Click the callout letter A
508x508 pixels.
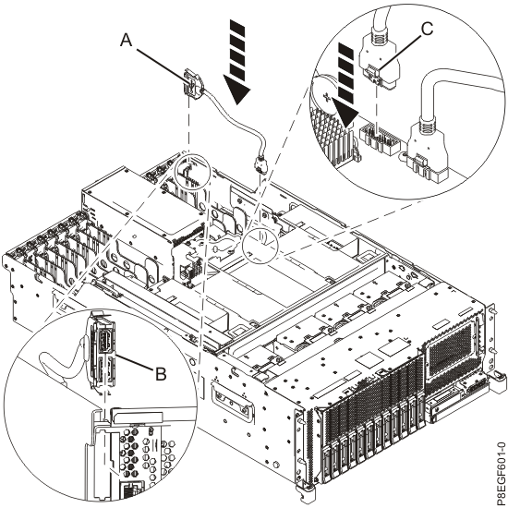pyautogui.click(x=127, y=41)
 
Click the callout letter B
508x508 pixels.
pyautogui.click(x=161, y=373)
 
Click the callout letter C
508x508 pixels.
pyautogui.click(x=427, y=30)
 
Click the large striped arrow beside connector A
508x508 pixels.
pyautogui.click(x=237, y=62)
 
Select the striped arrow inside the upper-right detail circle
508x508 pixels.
pyautogui.click(x=346, y=85)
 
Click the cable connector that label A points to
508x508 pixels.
pyautogui.click(x=193, y=85)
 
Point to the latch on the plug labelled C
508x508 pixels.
pyautogui.click(x=375, y=72)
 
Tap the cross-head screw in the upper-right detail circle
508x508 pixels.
pyautogui.click(x=327, y=96)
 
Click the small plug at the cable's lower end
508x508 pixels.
pyautogui.click(x=261, y=165)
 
